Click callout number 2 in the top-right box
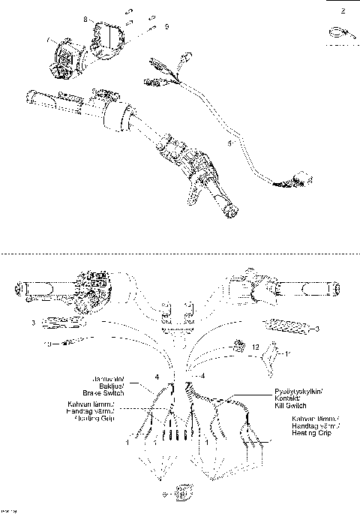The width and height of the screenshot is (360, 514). coord(343,11)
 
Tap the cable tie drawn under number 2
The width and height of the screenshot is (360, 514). coord(336,33)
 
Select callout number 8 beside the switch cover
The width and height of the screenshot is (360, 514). coord(85,17)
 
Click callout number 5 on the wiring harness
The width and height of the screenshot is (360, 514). coord(229,140)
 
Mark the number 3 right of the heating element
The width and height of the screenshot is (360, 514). coord(318,329)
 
